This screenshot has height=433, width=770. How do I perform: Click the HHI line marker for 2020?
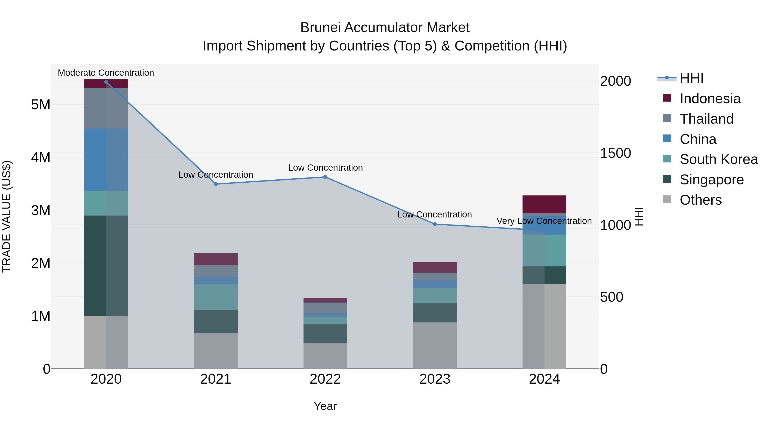[x=106, y=82]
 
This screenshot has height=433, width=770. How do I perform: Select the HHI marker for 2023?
[x=435, y=224]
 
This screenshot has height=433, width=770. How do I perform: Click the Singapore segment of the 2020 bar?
[x=106, y=265]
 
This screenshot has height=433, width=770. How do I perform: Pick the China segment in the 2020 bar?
[x=106, y=160]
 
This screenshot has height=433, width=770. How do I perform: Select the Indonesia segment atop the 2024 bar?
[x=544, y=204]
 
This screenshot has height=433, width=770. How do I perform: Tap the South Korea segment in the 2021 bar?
[x=216, y=297]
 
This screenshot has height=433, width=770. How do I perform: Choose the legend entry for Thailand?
[x=706, y=119]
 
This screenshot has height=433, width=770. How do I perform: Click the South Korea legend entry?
[x=718, y=159]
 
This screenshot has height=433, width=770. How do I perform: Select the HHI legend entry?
[x=691, y=78]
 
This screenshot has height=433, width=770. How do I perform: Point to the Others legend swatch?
[x=667, y=199]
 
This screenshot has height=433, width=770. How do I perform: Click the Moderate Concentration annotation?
[x=106, y=73]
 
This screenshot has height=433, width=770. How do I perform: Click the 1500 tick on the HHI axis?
[x=615, y=153]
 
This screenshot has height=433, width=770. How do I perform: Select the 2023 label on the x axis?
[x=435, y=379]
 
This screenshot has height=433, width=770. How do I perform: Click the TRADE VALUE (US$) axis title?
[x=7, y=216]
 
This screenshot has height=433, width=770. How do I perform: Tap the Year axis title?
[x=325, y=406]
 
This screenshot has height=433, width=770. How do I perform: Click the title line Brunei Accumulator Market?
[x=385, y=28]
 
